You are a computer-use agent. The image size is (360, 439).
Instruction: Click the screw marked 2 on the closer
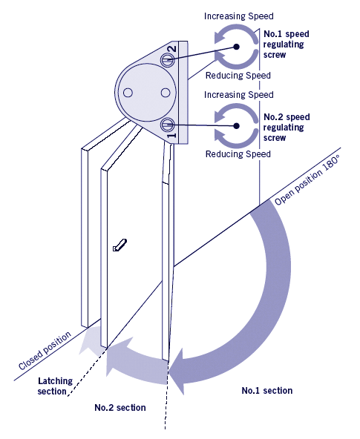point(167,59)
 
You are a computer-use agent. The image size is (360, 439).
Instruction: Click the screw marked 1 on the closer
point(168,125)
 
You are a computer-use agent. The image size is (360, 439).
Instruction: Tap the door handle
point(120,245)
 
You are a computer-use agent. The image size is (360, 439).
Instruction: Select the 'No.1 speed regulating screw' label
point(286,44)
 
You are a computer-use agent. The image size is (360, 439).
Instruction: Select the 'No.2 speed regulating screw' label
point(287,128)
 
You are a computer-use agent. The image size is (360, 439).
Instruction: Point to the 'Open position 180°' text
point(307,179)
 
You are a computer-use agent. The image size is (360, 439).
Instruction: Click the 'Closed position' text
point(45,350)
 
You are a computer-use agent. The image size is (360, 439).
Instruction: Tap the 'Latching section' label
point(55,386)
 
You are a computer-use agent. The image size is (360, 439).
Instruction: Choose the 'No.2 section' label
point(120,408)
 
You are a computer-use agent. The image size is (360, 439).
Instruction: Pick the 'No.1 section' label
point(267,391)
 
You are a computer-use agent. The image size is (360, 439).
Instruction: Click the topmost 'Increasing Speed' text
point(239,16)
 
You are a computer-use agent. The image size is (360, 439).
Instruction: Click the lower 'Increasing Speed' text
point(239,95)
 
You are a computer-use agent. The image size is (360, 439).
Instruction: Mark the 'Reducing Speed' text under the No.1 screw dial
point(238,76)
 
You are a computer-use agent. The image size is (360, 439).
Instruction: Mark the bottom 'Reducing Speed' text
point(238,154)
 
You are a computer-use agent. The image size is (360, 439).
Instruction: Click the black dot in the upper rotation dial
point(237,47)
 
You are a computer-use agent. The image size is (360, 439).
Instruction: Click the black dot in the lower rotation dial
point(237,126)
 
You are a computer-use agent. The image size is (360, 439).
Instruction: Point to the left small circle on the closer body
point(128,93)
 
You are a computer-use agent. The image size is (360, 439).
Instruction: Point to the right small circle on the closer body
point(166,93)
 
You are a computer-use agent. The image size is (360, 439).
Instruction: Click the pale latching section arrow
point(89,342)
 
